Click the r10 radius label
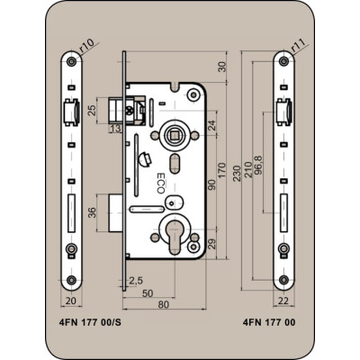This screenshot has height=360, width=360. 87,45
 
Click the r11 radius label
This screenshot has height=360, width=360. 298,46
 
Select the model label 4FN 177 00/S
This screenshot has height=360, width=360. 90,322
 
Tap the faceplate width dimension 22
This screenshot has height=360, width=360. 283,300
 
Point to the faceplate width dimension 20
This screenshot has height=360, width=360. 71,301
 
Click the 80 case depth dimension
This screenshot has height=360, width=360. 164,304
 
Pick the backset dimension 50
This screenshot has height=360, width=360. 148,293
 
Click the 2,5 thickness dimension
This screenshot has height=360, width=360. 136,281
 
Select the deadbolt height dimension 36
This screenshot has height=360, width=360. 93,212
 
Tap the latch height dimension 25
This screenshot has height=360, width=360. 93,110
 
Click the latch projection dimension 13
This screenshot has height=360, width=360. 116,129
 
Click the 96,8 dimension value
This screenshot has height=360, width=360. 257,165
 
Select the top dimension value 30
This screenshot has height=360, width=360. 222,67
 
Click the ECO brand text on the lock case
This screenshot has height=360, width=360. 161,183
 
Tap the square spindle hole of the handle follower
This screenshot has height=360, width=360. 174,136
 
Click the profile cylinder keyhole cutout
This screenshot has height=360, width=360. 174,236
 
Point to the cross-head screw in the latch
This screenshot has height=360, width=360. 130,111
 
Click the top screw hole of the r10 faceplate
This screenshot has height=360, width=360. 71,62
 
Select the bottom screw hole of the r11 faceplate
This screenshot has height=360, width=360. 283,280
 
